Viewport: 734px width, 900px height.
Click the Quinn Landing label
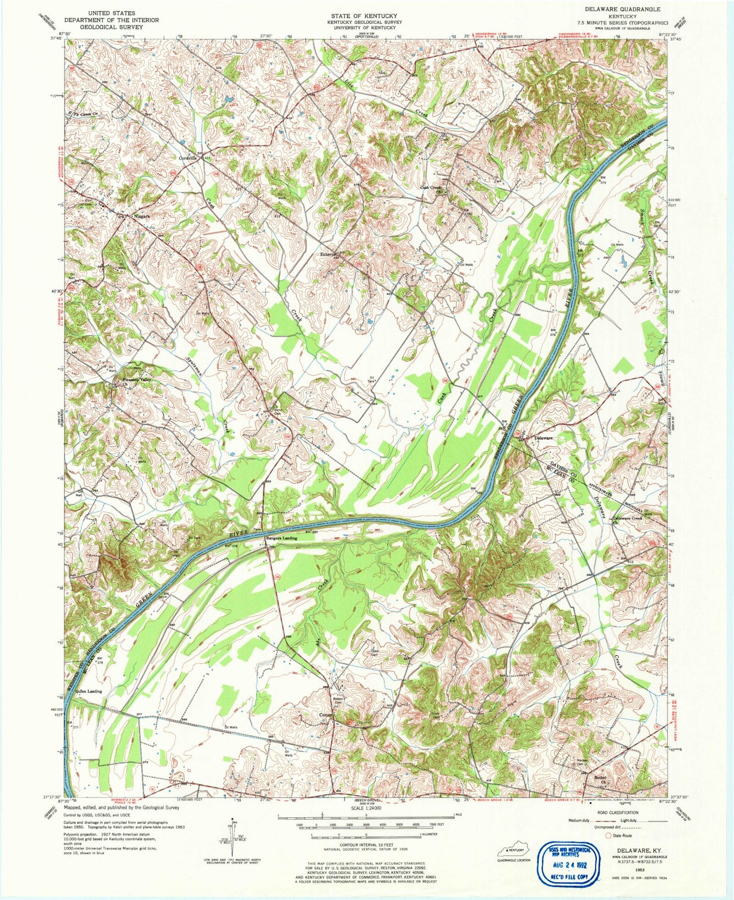[x=89, y=691]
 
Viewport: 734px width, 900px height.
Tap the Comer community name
[x=326, y=715]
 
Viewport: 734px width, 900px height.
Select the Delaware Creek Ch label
[x=628, y=520]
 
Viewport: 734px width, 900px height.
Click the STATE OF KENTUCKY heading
[x=364, y=16]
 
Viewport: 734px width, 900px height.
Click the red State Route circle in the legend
[x=608, y=835]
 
